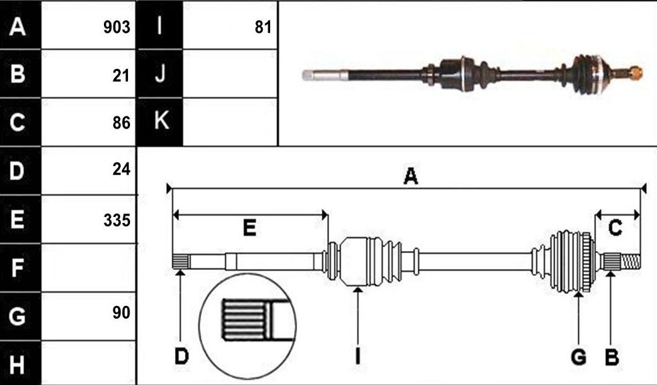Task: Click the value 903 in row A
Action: pyautogui.click(x=117, y=27)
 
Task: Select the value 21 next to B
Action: pyautogui.click(x=121, y=76)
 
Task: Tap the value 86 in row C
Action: pyautogui.click(x=121, y=123)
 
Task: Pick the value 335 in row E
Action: pyautogui.click(x=117, y=220)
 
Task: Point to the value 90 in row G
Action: pyautogui.click(x=121, y=313)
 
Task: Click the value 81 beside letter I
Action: pyautogui.click(x=263, y=27)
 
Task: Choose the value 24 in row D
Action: pyautogui.click(x=121, y=169)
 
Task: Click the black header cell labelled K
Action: pyautogui.click(x=160, y=122)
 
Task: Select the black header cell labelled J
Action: pyautogui.click(x=160, y=74)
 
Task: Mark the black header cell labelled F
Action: pyautogui.click(x=21, y=268)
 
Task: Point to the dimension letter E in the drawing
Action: pyautogui.click(x=249, y=228)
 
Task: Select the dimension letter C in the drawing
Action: pyautogui.click(x=615, y=228)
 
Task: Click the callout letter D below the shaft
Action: pyautogui.click(x=182, y=357)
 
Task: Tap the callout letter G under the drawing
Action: pyautogui.click(x=579, y=358)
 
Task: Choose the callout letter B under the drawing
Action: pyautogui.click(x=611, y=358)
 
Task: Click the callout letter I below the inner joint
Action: pyautogui.click(x=357, y=357)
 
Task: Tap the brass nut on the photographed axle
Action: pyautogui.click(x=636, y=72)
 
